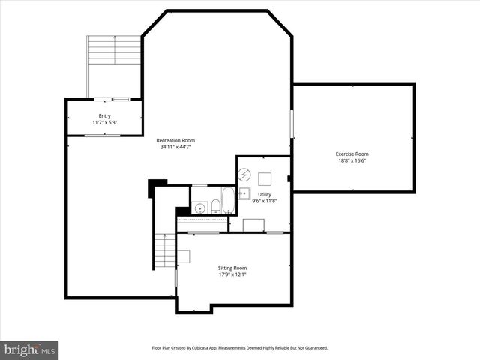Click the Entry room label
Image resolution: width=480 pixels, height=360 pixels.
pos(104,116)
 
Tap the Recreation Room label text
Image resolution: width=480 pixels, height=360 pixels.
pos(175,140)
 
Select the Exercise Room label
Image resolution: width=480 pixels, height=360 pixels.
pos(352,154)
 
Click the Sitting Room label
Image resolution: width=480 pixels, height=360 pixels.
pos(232,268)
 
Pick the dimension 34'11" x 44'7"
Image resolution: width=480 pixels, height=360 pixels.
pos(175,148)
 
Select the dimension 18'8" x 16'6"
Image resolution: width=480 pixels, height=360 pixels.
pos(352,161)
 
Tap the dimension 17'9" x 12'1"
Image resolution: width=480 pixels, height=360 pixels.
pos(232,274)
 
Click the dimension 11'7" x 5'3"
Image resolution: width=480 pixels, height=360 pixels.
pos(104,123)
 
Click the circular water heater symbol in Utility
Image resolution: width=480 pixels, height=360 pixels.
pos(244,175)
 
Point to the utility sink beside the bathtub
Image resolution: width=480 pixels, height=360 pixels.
pos(244,193)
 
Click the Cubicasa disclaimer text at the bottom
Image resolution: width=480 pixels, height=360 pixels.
pos(239,348)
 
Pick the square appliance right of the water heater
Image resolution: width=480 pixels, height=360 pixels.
pos(265,178)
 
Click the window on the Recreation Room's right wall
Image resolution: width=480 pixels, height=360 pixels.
pos(291,123)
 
